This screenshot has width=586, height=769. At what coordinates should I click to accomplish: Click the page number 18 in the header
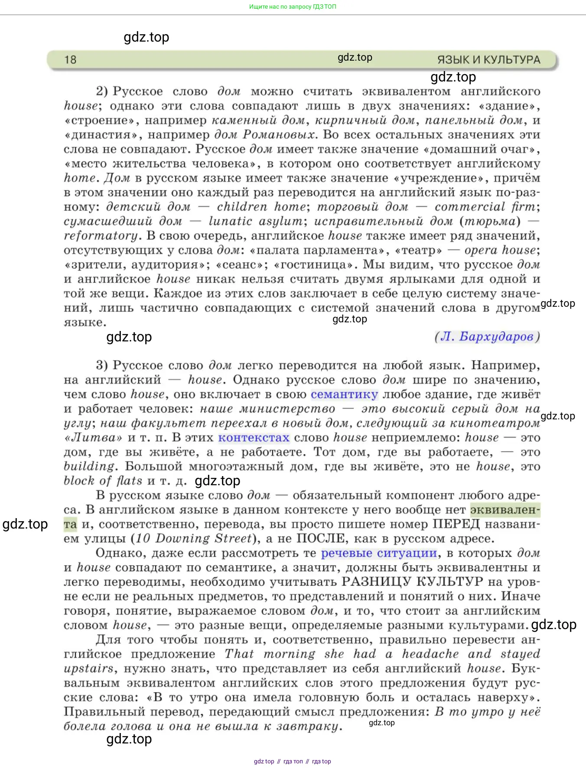[70, 59]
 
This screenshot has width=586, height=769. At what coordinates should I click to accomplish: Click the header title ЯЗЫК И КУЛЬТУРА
[488, 60]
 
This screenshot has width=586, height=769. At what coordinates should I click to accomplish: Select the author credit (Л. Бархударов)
[487, 337]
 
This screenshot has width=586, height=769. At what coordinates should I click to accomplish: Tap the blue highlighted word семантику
[344, 394]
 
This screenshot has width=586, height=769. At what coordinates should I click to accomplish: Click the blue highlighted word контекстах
[254, 438]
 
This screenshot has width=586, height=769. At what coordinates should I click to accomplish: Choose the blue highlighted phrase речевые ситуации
[379, 553]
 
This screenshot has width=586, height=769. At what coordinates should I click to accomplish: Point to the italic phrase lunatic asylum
[255, 221]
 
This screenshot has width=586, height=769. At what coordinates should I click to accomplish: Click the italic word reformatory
[101, 236]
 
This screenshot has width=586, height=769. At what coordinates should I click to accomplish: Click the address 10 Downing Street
[193, 539]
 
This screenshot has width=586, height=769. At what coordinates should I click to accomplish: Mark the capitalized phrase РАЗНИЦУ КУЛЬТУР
[412, 582]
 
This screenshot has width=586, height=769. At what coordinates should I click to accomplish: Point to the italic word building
[89, 467]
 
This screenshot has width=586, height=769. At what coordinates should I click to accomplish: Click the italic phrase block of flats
[103, 481]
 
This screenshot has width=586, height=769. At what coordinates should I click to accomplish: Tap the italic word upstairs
[88, 668]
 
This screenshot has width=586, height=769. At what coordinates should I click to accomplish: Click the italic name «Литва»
[93, 438]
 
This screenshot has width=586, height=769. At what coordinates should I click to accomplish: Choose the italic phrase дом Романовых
[264, 135]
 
